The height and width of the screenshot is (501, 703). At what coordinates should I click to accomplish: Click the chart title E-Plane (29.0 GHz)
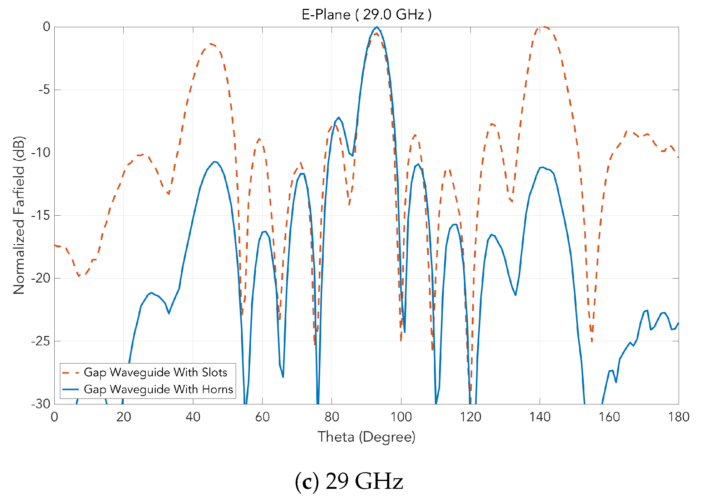(366, 15)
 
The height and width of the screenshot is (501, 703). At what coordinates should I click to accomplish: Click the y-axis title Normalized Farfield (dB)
(19, 215)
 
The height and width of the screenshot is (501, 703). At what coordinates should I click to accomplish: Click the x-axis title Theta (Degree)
(366, 437)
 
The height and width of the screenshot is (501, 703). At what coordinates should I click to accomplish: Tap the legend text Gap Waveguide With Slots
(155, 372)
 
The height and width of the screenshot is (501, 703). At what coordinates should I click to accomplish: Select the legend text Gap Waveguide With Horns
(158, 389)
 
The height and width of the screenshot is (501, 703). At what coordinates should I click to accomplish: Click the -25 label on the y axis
(41, 341)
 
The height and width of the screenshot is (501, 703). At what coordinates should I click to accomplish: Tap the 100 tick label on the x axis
(401, 417)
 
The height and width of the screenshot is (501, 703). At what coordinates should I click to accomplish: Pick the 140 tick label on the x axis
(540, 417)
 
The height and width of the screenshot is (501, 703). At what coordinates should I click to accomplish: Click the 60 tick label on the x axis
(262, 417)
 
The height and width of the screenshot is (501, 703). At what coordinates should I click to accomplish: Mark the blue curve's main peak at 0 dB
(377, 27)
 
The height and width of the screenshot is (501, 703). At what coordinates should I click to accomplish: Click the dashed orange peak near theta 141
(544, 27)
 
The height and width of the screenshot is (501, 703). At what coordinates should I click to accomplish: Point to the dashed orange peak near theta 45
(211, 44)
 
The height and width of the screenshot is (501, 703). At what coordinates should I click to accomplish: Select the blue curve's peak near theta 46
(214, 162)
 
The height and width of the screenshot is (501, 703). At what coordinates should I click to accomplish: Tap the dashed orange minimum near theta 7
(79, 276)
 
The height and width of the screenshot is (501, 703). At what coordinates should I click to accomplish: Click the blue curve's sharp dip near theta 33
(169, 313)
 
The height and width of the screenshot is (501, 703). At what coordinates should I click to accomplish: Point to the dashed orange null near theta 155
(592, 341)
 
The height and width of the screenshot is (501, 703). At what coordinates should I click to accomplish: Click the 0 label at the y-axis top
(47, 27)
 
